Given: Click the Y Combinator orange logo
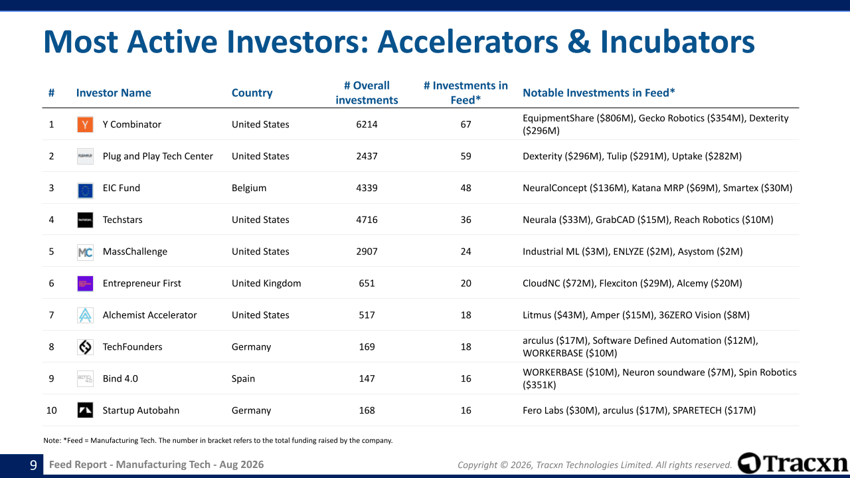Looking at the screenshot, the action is tap(85, 124).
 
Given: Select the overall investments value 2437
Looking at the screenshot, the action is tap(367, 156).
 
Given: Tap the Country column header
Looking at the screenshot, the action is tap(252, 93).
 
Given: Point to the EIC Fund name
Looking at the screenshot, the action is tap(122, 188).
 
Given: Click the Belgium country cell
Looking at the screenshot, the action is tap(249, 188).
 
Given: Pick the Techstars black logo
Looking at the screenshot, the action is tap(85, 220).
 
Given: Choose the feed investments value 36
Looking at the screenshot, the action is tap(466, 220).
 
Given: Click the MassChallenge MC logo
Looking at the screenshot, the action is tap(85, 252).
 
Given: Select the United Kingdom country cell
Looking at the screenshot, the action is tap(266, 283).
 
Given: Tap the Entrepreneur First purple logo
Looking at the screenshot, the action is tap(85, 283).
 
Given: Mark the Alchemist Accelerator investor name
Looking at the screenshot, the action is tap(149, 315).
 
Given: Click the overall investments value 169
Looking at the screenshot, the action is tap(367, 347).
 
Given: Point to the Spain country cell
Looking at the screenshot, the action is tap(243, 379).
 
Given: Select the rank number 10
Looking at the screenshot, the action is tap(52, 410).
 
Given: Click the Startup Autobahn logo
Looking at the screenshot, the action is tap(85, 410).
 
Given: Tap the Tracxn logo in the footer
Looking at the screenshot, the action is tap(793, 463).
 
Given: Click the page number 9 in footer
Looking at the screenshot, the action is tap(33, 465).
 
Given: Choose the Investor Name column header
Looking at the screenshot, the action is tap(114, 93).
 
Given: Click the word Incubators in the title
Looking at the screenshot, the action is tap(677, 42).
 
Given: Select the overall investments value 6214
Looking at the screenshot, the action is tap(367, 124).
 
